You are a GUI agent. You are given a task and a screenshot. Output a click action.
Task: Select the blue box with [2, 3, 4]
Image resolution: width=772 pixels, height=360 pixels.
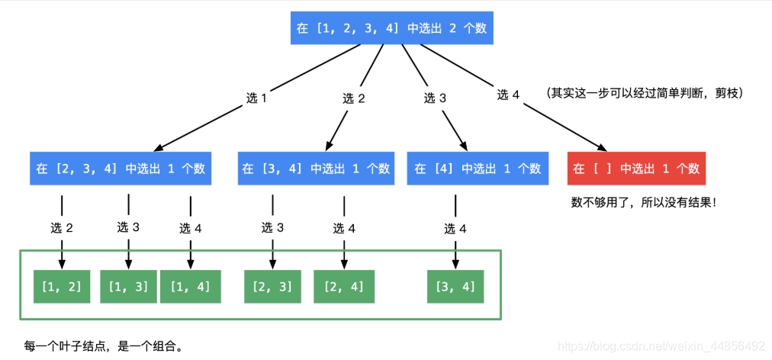tap(121, 169)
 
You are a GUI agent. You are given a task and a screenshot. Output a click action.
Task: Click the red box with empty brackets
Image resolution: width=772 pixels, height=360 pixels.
tap(636, 169)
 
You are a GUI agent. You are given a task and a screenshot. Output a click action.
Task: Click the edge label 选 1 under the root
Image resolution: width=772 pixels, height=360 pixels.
tap(256, 98)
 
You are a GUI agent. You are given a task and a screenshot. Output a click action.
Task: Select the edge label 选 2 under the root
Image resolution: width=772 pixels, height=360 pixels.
tap(354, 98)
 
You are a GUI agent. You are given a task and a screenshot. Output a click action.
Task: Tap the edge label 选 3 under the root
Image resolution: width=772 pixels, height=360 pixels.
tap(435, 98)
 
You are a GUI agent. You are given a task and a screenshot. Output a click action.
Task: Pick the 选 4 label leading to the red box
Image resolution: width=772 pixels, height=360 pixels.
tap(508, 95)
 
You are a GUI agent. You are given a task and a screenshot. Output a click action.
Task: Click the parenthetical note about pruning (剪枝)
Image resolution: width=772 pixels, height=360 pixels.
tap(644, 93)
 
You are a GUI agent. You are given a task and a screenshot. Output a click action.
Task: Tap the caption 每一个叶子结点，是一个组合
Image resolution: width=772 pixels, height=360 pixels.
tap(103, 346)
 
